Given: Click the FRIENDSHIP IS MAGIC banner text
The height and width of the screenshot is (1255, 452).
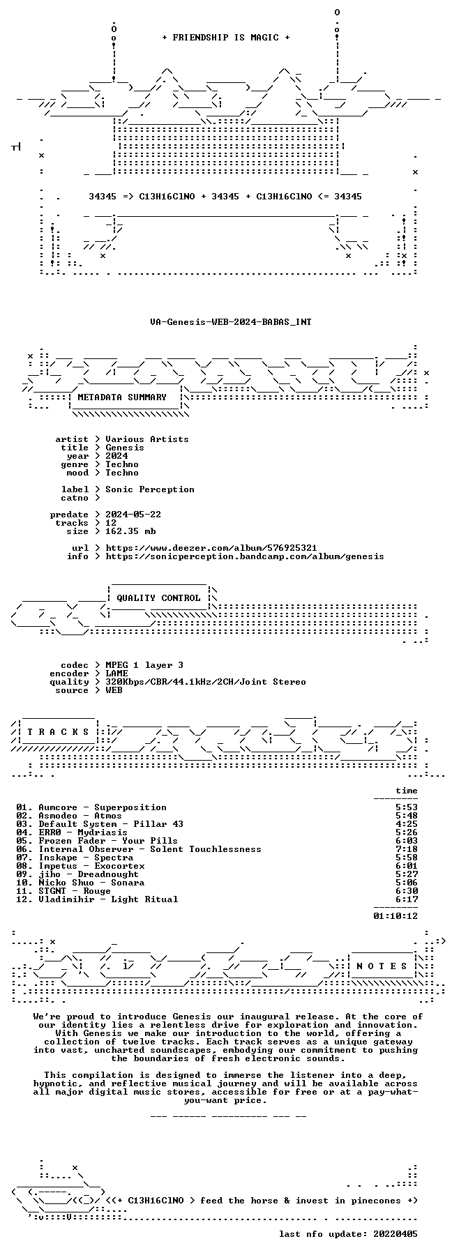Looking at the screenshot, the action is click(225, 38).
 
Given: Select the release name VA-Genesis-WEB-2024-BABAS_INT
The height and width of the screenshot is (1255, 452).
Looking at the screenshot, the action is click(231, 322).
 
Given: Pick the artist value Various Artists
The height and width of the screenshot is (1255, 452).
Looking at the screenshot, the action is click(147, 439).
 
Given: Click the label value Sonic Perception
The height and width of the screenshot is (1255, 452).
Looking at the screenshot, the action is click(150, 489).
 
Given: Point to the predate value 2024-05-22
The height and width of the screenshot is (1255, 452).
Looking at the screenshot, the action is click(133, 515).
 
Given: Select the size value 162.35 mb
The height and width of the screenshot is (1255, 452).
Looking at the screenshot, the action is click(130, 531).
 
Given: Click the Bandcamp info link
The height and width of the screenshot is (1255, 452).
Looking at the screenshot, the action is click(245, 556).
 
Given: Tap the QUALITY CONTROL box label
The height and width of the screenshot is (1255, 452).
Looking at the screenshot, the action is click(158, 598).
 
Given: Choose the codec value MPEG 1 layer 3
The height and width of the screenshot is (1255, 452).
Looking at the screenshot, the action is click(144, 665).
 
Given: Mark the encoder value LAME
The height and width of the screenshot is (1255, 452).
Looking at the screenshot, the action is click(116, 674).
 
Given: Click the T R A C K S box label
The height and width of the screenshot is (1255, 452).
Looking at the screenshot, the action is click(58, 732).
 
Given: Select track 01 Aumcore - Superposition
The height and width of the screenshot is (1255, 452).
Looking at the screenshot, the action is click(91, 807).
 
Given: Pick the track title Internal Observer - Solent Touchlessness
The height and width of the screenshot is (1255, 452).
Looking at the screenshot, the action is click(150, 849).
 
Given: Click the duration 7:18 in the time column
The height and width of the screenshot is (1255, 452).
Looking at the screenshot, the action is click(407, 849).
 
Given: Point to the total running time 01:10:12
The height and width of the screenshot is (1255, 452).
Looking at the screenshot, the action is click(395, 916).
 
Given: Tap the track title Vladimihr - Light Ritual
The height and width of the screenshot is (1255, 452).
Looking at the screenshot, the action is click(108, 899).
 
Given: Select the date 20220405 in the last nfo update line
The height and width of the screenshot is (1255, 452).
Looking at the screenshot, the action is click(395, 1234).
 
